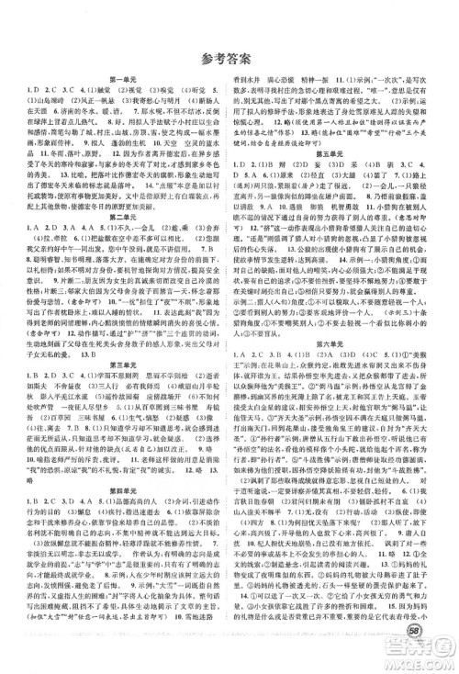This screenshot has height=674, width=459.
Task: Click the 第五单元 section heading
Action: pos(343,173)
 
